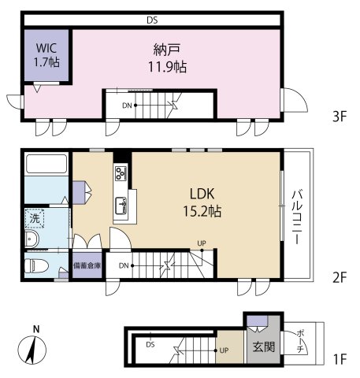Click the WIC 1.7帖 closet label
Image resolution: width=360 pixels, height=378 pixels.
point(46,55)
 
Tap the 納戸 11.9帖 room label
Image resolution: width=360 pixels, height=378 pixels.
point(167,58)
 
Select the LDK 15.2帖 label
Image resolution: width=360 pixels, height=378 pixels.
point(202,202)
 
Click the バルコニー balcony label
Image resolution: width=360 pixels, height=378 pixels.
point(297,217)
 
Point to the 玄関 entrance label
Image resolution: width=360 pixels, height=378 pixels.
point(264,346)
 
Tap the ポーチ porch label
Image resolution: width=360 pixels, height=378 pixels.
point(300,341)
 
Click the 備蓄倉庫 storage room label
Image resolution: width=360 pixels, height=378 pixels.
point(87,265)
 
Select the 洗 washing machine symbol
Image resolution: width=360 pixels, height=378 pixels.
point(35,218)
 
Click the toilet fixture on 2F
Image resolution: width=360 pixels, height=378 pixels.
point(36,266)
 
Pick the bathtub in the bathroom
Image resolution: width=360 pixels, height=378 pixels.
point(46,164)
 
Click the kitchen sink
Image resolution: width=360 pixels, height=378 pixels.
point(121,206)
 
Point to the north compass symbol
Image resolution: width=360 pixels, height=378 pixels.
point(32,346)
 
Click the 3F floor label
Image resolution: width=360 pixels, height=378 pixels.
point(340,117)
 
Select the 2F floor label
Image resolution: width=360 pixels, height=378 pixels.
point(340,277)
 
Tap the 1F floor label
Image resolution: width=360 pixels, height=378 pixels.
point(340,359)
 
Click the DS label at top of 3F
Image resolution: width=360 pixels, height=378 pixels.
point(152,20)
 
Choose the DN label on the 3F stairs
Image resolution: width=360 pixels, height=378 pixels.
point(127,106)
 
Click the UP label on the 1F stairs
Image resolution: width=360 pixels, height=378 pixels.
point(224,350)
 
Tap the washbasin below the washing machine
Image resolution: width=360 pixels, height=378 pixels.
point(32,239)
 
